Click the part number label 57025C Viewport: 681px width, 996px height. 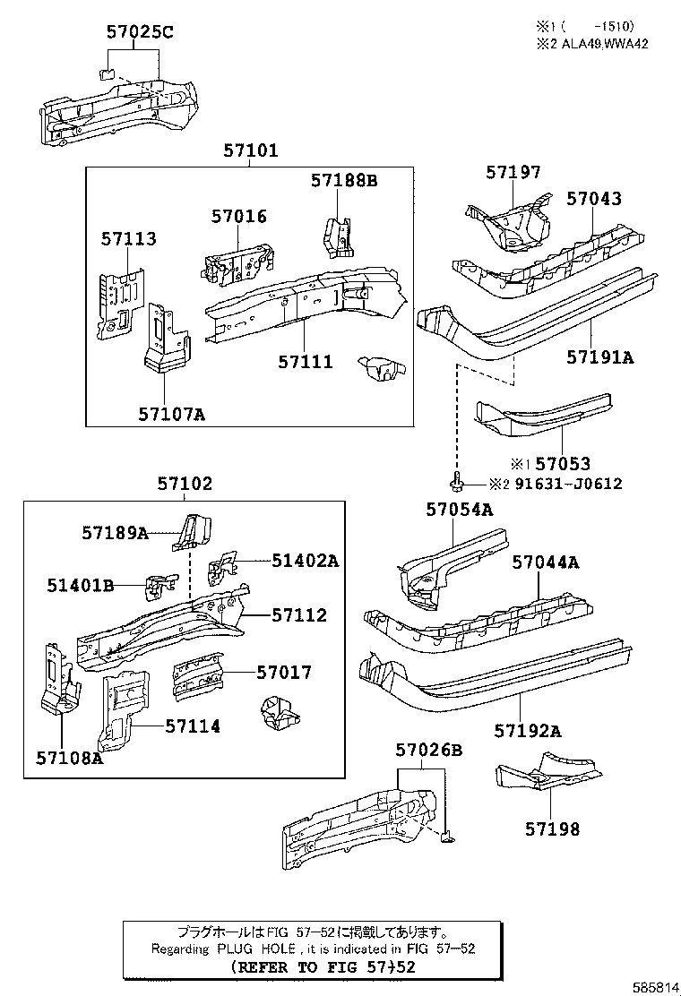[140, 33]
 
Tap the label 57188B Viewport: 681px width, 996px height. [344, 181]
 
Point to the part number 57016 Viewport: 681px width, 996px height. [239, 217]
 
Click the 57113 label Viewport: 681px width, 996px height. [128, 239]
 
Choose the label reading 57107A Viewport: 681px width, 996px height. [171, 414]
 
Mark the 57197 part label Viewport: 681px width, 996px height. [513, 172]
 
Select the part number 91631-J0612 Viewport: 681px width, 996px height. [566, 484]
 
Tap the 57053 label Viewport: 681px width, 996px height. [563, 464]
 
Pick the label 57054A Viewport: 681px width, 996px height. [460, 509]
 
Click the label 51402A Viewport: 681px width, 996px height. [306, 561]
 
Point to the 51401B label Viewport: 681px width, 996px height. [81, 586]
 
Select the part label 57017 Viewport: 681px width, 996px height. [284, 672]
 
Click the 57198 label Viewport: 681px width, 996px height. [551, 829]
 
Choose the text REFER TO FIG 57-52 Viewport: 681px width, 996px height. [323, 967]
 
